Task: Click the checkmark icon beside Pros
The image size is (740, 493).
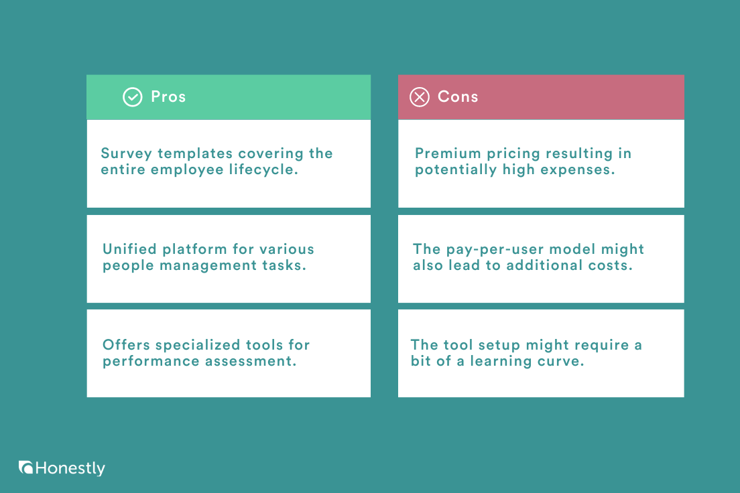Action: coord(132,97)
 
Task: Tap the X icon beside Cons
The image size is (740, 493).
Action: coord(419,97)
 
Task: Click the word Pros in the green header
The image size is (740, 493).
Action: coord(168,96)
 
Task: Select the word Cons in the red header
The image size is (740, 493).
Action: coord(458,96)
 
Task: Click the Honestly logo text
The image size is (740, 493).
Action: coord(70,468)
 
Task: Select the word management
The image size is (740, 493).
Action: coord(210,265)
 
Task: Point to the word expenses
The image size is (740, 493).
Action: coord(578,169)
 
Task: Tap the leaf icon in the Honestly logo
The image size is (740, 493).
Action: coord(26,468)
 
